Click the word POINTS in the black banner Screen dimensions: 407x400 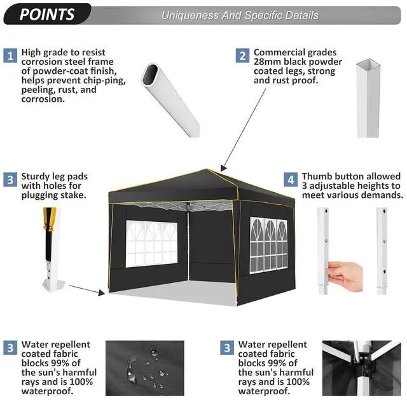(47, 14)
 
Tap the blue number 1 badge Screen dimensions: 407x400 (10, 55)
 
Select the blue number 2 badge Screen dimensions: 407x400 (242, 55)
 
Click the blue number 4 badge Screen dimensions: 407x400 (291, 179)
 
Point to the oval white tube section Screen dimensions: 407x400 (170, 99)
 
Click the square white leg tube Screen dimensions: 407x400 (368, 98)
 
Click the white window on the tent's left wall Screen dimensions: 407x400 (151, 244)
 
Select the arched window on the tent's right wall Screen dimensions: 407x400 (268, 245)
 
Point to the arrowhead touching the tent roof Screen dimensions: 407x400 (223, 168)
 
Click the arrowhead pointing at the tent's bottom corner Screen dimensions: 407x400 (102, 293)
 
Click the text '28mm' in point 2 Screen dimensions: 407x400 (267, 62)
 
